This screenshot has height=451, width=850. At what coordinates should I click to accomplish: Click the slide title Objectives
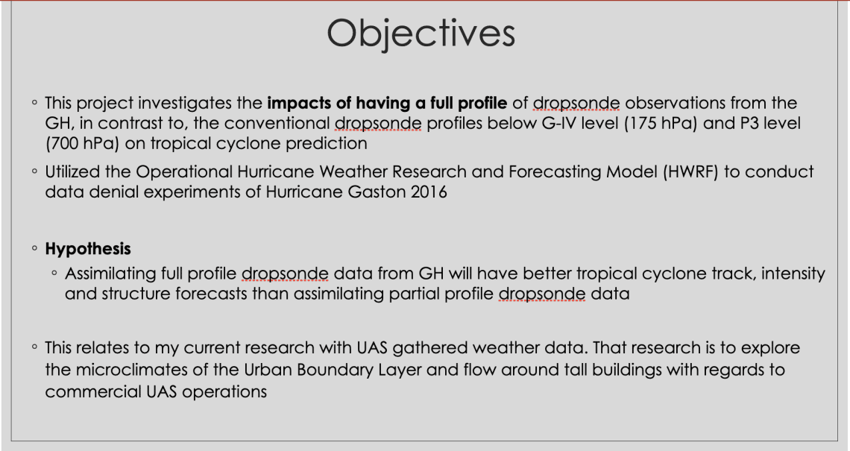click(x=421, y=34)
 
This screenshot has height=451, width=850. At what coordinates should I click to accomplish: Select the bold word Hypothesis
click(x=88, y=249)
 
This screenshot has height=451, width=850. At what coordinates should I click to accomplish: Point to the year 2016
click(x=429, y=192)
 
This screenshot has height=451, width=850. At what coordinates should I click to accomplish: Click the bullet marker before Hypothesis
click(x=35, y=249)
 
